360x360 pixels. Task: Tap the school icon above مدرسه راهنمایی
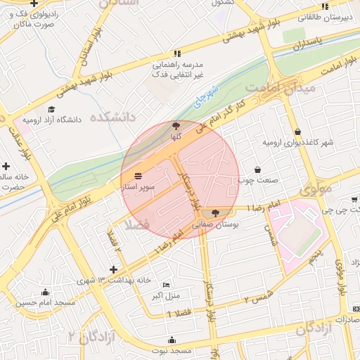click(177, 53)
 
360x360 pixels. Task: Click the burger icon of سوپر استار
click(137, 176)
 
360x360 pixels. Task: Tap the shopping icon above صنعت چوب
click(257, 169)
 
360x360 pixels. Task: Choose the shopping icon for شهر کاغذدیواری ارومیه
click(297, 131)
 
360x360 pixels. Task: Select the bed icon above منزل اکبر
click(166, 284)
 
